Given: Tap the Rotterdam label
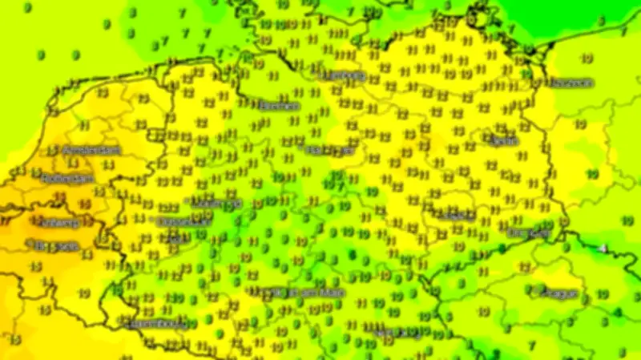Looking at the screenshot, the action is pyautogui.click(x=69, y=178).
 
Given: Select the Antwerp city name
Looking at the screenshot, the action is pyautogui.click(x=57, y=222).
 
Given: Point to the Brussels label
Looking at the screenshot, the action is pyautogui.click(x=55, y=245).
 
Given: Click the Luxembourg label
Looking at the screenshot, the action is pyautogui.click(x=158, y=324).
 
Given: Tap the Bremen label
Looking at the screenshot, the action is pyautogui.click(x=279, y=105).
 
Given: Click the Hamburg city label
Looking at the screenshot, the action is pyautogui.click(x=345, y=76).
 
